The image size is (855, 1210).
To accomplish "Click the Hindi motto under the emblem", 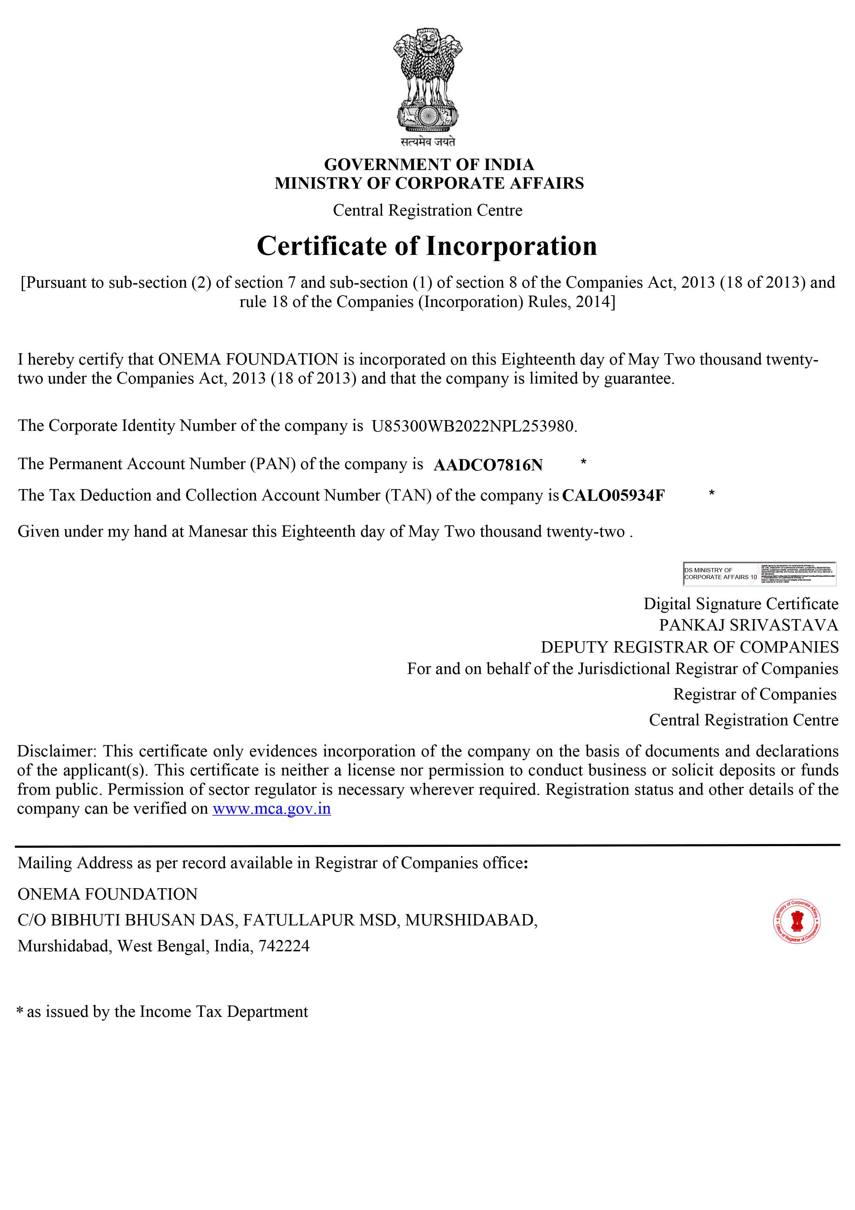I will point(427,141).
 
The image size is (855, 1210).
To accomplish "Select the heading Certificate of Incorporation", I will point(427,246).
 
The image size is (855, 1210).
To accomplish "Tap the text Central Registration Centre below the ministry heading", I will point(427,210).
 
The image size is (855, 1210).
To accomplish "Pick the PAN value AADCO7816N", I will point(488,465).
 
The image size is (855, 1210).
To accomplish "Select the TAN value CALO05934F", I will point(613,495).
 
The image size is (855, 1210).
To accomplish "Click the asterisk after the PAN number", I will point(583,462).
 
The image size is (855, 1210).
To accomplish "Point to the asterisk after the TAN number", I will point(711,493).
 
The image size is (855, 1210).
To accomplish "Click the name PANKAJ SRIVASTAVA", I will point(748,625).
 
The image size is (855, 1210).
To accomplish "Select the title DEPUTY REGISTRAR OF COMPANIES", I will point(690,647).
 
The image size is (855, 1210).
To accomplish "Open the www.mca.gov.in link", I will point(271,809).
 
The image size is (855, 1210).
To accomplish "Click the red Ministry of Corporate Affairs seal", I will point(796,921).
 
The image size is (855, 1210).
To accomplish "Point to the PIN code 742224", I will point(283,946).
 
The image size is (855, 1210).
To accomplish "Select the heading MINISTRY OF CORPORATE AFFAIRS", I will point(429,184).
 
